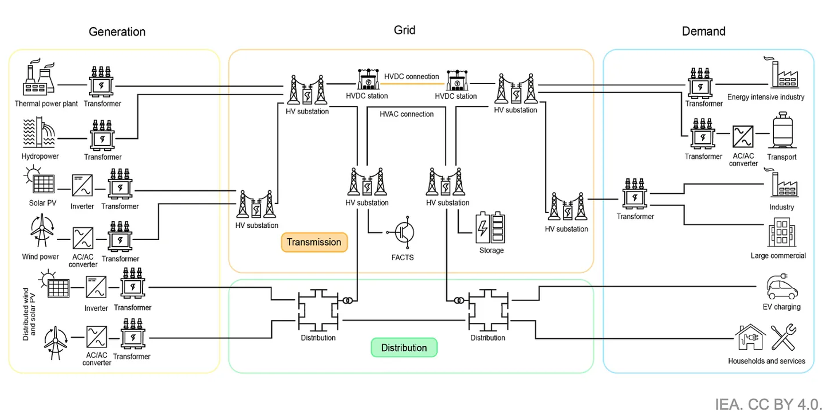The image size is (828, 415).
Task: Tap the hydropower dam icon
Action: pos(39,133)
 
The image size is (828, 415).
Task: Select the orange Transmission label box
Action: pos(314,242)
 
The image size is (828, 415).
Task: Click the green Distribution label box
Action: pos(404,347)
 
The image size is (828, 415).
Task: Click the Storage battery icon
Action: pos(490,228)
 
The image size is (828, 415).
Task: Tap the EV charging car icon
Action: pos(783,286)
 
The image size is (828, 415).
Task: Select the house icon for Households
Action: pos(750,337)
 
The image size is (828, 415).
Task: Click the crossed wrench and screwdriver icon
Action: pos(784,337)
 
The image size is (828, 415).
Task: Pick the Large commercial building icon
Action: pos(782,232)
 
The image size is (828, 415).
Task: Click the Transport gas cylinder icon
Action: pos(783,130)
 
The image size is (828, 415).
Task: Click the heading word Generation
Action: pos(117,32)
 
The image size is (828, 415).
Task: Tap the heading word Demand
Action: pos(703,31)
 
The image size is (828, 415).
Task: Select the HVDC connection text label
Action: pos(412,77)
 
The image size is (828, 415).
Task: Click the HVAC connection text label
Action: pos(406,114)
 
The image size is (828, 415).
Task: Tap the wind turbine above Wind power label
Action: pos(42,230)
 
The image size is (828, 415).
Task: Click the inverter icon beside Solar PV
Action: pos(82,185)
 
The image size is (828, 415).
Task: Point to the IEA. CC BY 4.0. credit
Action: pos(768,404)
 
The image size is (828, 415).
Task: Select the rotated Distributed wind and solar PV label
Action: pos(29,314)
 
